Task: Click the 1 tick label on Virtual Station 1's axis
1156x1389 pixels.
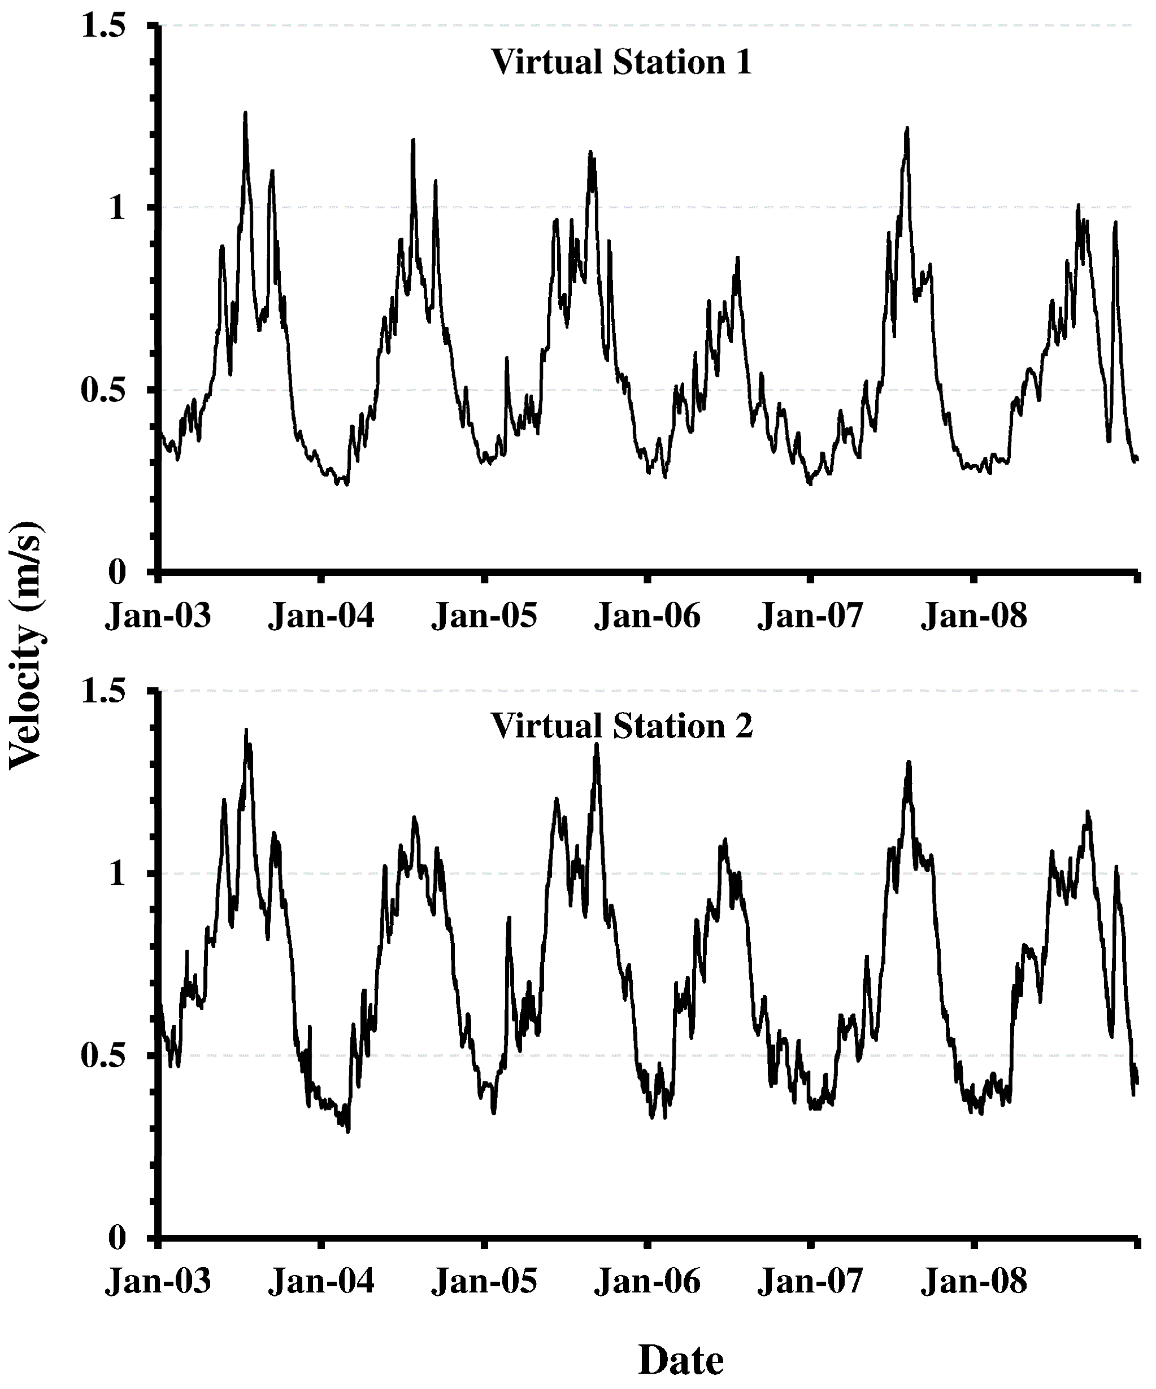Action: (x=117, y=208)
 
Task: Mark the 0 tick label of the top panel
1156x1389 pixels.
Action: (x=117, y=572)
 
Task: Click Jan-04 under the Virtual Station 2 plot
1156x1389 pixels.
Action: (x=321, y=1281)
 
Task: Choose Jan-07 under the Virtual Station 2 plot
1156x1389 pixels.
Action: (x=811, y=1281)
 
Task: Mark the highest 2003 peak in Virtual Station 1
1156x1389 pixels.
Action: (x=245, y=113)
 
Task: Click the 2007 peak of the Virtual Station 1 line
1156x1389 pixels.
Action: (x=907, y=128)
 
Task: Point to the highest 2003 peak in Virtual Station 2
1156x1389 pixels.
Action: (x=246, y=730)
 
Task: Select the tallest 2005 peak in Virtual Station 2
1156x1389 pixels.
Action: (x=596, y=744)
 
